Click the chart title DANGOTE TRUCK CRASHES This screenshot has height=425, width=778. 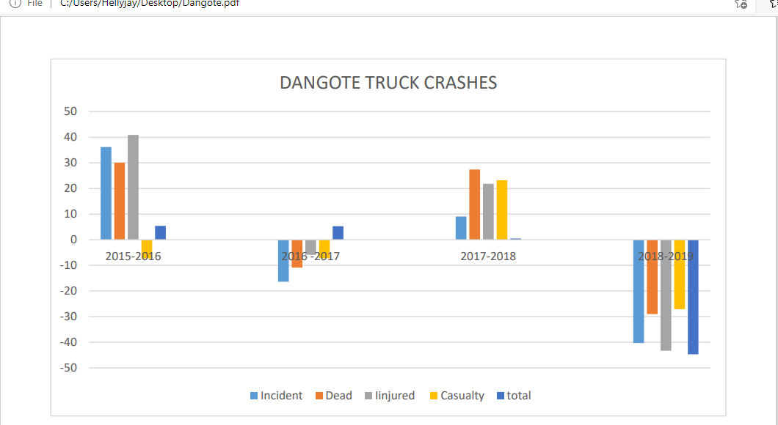click(388, 83)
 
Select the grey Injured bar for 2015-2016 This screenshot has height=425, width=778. click(133, 187)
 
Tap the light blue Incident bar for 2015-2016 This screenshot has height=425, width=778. click(106, 193)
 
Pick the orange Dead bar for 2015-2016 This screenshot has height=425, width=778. click(120, 201)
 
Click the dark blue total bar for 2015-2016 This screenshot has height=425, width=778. click(160, 232)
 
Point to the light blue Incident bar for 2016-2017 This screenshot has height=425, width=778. click(283, 261)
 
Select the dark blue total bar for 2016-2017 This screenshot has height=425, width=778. click(338, 233)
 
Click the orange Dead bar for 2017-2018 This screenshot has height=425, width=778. click(475, 204)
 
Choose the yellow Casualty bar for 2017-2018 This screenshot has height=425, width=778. click(502, 210)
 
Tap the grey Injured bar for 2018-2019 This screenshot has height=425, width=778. click(666, 295)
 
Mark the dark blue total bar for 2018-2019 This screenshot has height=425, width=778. click(693, 297)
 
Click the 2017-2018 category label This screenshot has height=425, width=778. click(488, 256)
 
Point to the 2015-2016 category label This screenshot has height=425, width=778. click(133, 256)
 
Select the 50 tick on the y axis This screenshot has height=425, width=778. click(70, 111)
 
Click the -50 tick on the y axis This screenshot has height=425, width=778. click(68, 368)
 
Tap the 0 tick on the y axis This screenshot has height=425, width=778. click(73, 240)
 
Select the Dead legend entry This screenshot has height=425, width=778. click(334, 396)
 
